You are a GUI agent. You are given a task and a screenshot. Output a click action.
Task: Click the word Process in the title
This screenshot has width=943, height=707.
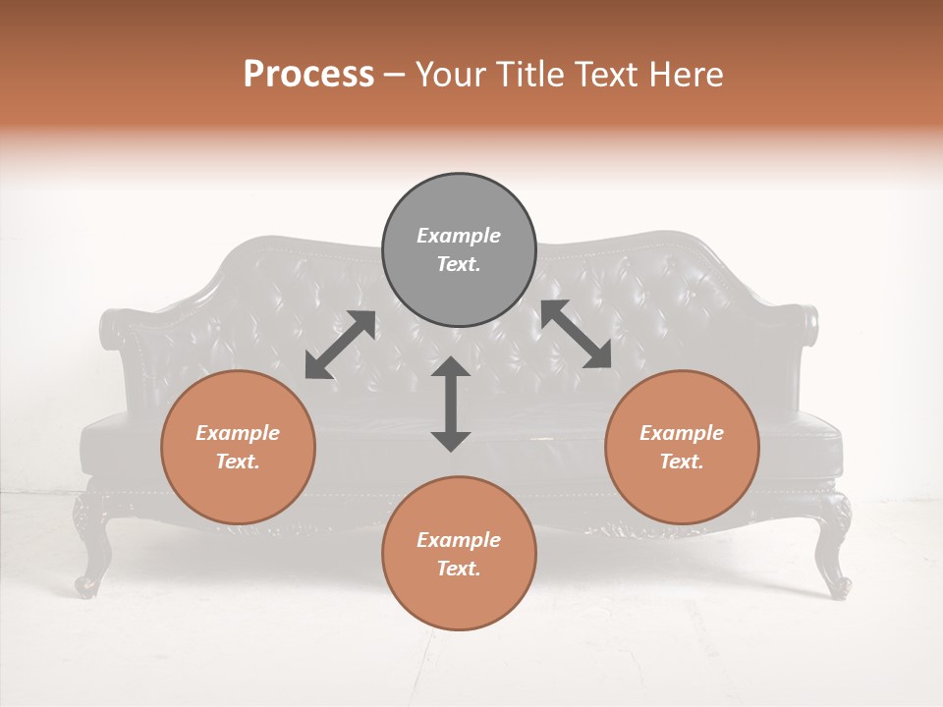(308, 75)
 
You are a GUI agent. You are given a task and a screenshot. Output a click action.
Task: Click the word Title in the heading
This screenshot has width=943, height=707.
(529, 75)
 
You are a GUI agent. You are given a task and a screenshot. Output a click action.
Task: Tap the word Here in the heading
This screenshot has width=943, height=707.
(684, 75)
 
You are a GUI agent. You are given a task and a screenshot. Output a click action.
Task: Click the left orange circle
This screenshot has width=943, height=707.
(238, 447)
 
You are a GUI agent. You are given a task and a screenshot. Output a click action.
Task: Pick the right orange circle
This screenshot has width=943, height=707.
(682, 447)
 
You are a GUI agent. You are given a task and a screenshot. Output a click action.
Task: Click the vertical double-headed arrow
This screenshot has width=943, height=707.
(451, 404)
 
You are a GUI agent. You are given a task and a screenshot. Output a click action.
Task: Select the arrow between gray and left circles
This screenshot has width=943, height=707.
(340, 345)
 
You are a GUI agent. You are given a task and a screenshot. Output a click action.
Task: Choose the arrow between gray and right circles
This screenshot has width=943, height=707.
(576, 335)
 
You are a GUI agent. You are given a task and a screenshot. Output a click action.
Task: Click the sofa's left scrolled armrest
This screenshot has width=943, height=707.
(116, 328)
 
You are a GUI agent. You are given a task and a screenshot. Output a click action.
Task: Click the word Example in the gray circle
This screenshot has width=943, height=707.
(459, 236)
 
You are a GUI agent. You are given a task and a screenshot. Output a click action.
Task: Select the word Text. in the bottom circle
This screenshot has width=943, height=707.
(459, 569)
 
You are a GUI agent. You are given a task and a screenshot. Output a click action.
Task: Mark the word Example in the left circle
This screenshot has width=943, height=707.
(238, 433)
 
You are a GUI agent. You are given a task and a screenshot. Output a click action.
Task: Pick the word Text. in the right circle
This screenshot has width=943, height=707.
(682, 462)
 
